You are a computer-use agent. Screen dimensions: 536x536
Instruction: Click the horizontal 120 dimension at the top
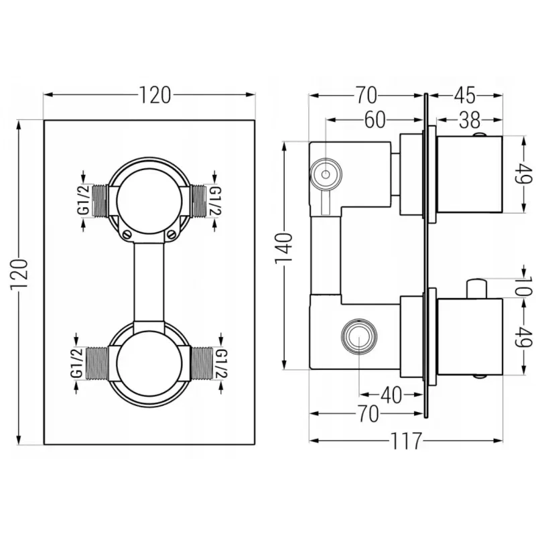click(155, 96)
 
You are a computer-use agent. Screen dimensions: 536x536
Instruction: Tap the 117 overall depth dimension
click(407, 441)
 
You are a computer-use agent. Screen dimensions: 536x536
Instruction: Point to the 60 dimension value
click(375, 120)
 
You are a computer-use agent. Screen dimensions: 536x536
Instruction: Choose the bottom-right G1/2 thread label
click(221, 365)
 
